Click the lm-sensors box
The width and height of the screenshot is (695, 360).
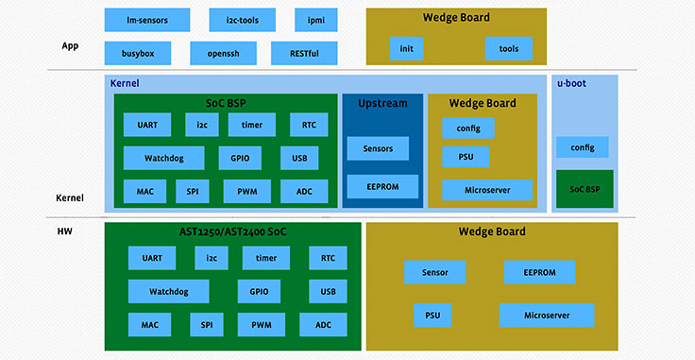pyautogui.click(x=146, y=20)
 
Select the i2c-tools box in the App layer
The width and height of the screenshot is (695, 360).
pyautogui.click(x=231, y=20)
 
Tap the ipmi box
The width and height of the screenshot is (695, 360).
pyautogui.click(x=302, y=20)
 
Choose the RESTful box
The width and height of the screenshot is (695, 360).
pyautogui.click(x=303, y=53)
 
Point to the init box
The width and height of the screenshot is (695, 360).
pyautogui.click(x=406, y=48)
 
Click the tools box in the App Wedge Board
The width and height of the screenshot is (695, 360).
pyautogui.click(x=508, y=48)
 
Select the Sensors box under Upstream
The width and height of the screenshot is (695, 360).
pyautogui.click(x=378, y=148)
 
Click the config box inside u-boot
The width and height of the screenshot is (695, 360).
pyautogui.click(x=582, y=147)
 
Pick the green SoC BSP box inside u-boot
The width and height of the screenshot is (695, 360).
pyautogui.click(x=585, y=189)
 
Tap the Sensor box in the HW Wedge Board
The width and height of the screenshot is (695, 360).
pyautogui.click(x=434, y=273)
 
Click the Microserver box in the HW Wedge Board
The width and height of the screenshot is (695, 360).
pyautogui.click(x=546, y=315)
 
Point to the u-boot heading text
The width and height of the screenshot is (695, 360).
pyautogui.click(x=572, y=83)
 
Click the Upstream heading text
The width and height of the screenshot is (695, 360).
pyautogui.click(x=382, y=102)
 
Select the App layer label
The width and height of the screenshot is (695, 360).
pyautogui.click(x=70, y=43)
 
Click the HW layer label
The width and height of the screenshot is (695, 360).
pyautogui.click(x=66, y=231)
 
